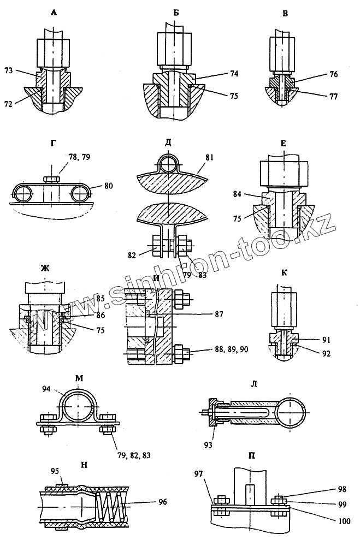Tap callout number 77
333,96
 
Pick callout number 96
163,501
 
